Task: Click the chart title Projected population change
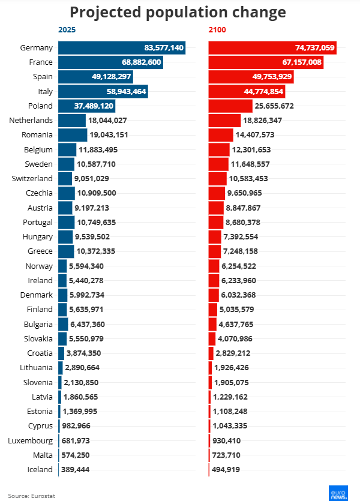click(x=178, y=13)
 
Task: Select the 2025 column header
click(x=67, y=29)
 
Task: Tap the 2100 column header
click(x=217, y=29)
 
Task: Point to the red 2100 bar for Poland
click(x=230, y=106)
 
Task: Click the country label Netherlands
click(x=31, y=121)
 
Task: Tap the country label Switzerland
click(x=32, y=178)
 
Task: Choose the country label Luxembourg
click(x=31, y=440)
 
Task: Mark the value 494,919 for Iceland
click(x=229, y=470)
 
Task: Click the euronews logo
click(x=339, y=492)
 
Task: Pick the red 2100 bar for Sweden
click(x=218, y=164)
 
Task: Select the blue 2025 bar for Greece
click(x=66, y=251)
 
